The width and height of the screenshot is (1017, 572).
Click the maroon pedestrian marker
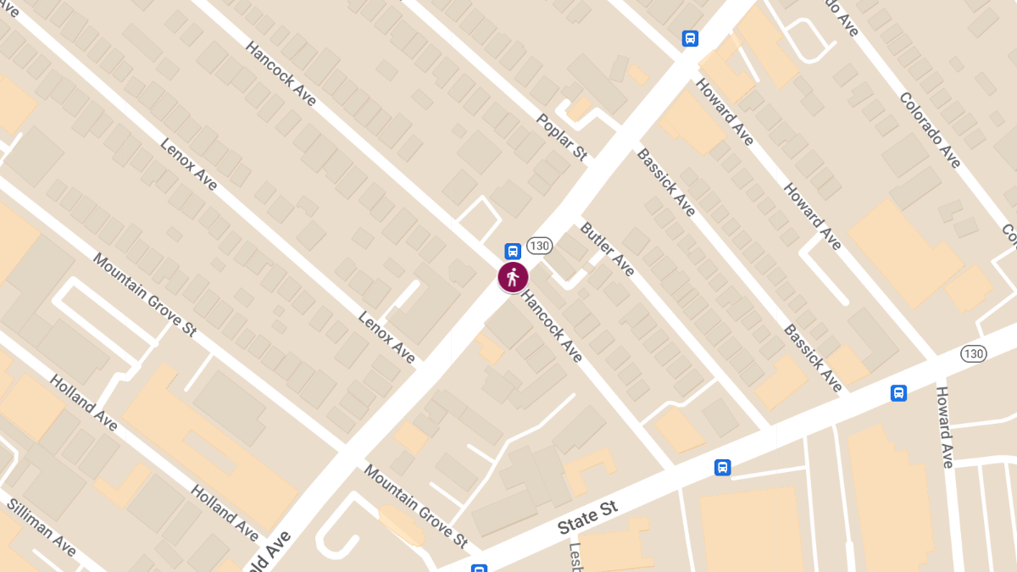513,277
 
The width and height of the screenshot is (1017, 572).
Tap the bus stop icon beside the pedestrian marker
513,251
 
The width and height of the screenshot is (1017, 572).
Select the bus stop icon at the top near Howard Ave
690,38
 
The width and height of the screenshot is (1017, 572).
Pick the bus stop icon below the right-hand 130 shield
898,393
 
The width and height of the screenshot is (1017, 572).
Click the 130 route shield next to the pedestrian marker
539,246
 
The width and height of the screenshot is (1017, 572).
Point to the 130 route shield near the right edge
973,353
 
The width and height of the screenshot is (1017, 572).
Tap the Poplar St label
562,136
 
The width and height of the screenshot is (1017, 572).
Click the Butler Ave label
607,248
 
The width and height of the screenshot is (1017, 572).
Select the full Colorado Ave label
931,130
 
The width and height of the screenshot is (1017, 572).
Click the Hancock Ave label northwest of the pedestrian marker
281,74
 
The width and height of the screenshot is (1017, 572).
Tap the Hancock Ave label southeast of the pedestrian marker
553,327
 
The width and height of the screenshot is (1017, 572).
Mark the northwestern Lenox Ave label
188,164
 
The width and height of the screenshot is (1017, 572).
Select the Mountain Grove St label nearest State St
416,505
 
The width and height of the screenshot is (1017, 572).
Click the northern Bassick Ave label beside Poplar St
665,181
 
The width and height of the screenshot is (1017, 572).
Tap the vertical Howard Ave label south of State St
944,427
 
